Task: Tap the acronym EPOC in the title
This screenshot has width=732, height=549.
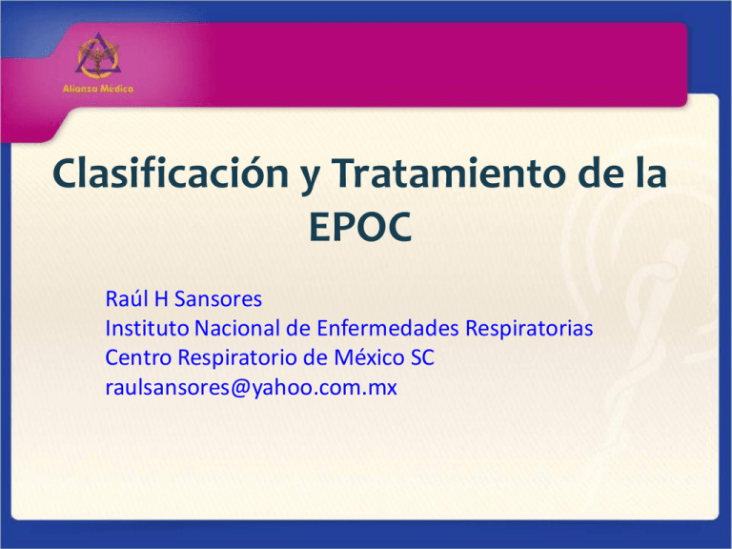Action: coord(365,230)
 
